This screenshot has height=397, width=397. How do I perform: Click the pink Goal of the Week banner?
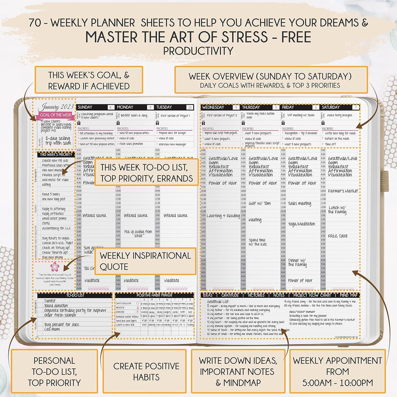coord(56,115)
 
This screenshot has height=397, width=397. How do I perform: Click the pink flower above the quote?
coord(55,266)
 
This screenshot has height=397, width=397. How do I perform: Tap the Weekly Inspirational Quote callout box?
coord(145,261)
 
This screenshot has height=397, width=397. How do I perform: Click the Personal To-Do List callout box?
coord(54,371)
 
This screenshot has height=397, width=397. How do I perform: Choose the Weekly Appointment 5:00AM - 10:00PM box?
coord(337,371)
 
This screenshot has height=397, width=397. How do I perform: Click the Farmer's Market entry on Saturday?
coord(343,191)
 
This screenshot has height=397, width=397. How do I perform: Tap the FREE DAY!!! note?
coord(337,236)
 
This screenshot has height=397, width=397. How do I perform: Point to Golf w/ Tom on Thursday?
coord(260,203)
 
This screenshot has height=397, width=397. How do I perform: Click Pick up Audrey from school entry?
coord(138,234)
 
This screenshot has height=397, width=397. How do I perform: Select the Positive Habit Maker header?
coord(154,295)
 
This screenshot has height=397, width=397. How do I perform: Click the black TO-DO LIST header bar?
coord(75,295)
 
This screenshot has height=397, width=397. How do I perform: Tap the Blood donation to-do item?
coord(56,306)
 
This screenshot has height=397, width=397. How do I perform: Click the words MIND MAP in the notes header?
coord(348,295)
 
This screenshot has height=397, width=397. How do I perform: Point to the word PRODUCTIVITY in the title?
coord(198,51)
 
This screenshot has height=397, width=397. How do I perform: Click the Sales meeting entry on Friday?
coord(299,203)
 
